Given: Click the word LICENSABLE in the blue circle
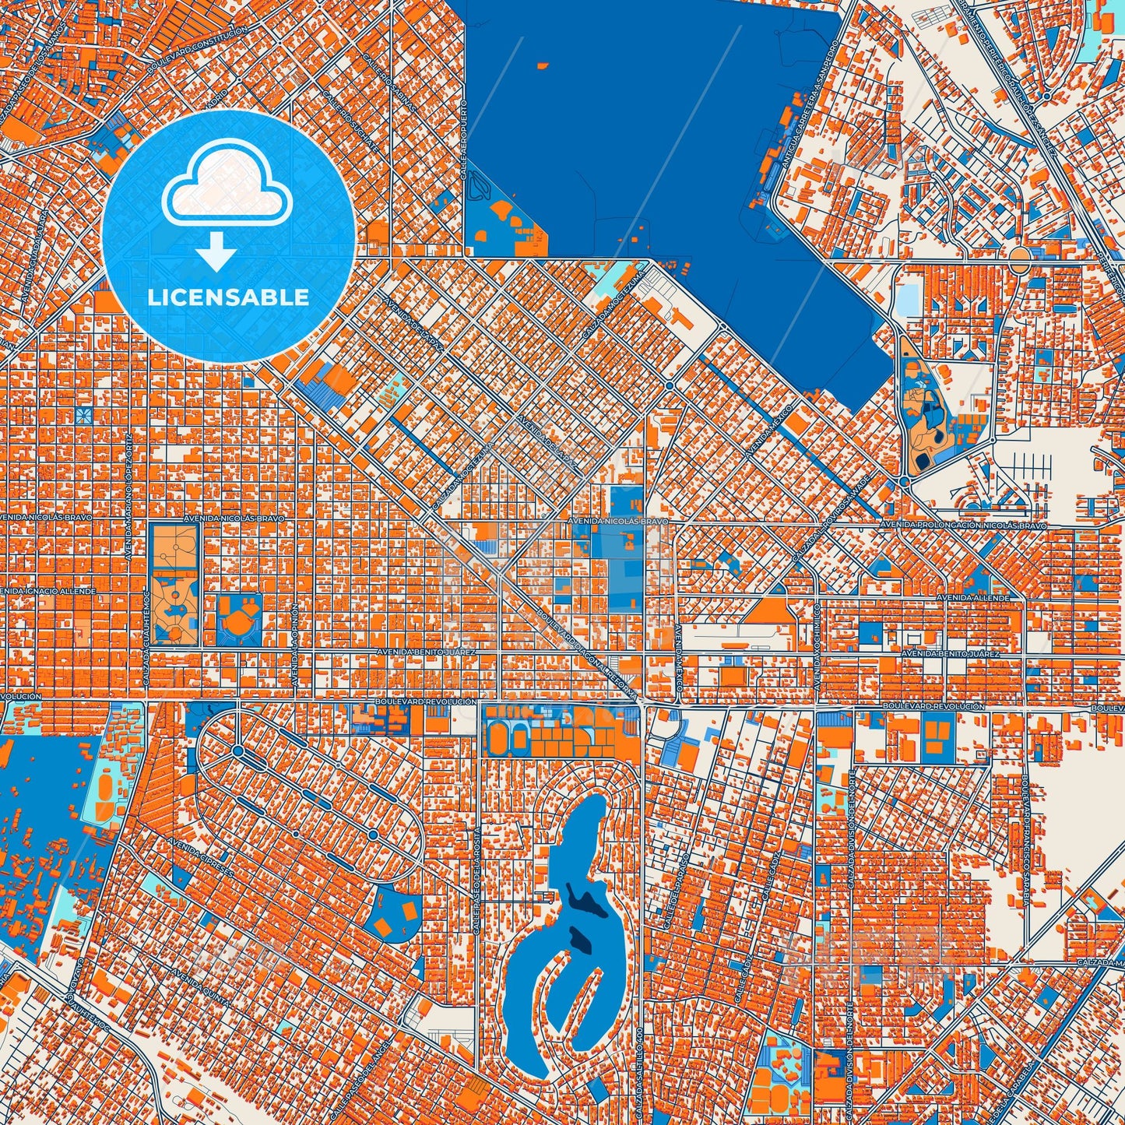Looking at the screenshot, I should pos(228,297).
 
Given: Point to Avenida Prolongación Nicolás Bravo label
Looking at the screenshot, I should pos(963,526).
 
